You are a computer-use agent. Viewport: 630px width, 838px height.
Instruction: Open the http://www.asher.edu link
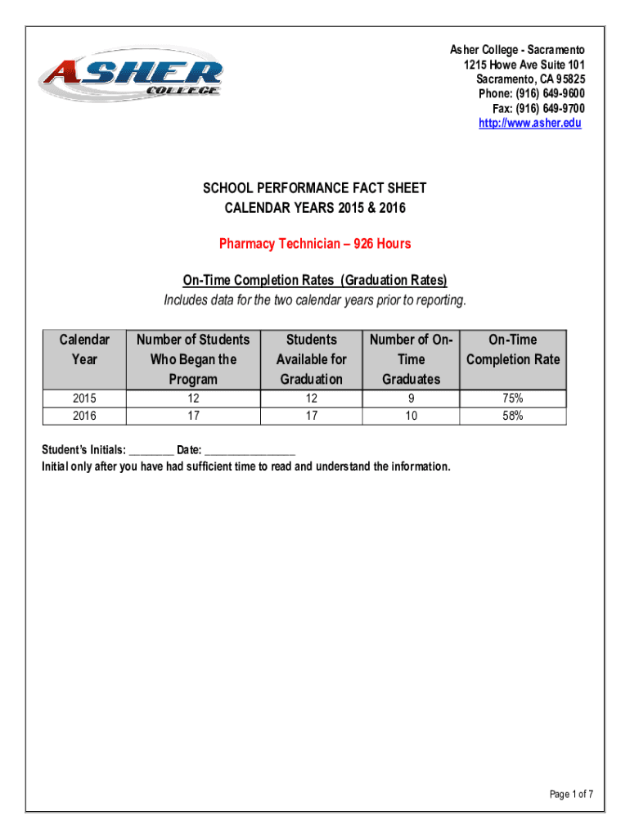[x=529, y=124]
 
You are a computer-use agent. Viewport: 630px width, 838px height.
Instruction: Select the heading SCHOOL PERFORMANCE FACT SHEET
[x=315, y=188]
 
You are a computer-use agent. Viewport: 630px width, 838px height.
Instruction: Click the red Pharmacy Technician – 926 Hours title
[x=315, y=244]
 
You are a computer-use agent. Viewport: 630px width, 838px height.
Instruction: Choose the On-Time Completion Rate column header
[x=513, y=349]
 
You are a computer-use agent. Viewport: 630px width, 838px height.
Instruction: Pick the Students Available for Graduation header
[x=311, y=358]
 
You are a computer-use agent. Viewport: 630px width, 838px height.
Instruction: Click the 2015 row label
[x=84, y=399]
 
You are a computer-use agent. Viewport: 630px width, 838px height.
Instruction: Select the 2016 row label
[x=84, y=416]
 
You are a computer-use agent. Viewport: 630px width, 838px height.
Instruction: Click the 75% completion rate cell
[x=513, y=399]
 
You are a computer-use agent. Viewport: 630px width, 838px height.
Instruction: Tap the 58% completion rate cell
[x=513, y=416]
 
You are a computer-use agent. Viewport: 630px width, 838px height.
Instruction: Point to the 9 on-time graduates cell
[x=411, y=399]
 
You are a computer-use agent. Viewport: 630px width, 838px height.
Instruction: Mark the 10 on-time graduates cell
[x=411, y=416]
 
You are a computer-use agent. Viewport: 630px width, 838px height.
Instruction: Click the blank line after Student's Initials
[x=151, y=451]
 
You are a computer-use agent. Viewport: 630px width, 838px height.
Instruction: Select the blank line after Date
[x=250, y=451]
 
